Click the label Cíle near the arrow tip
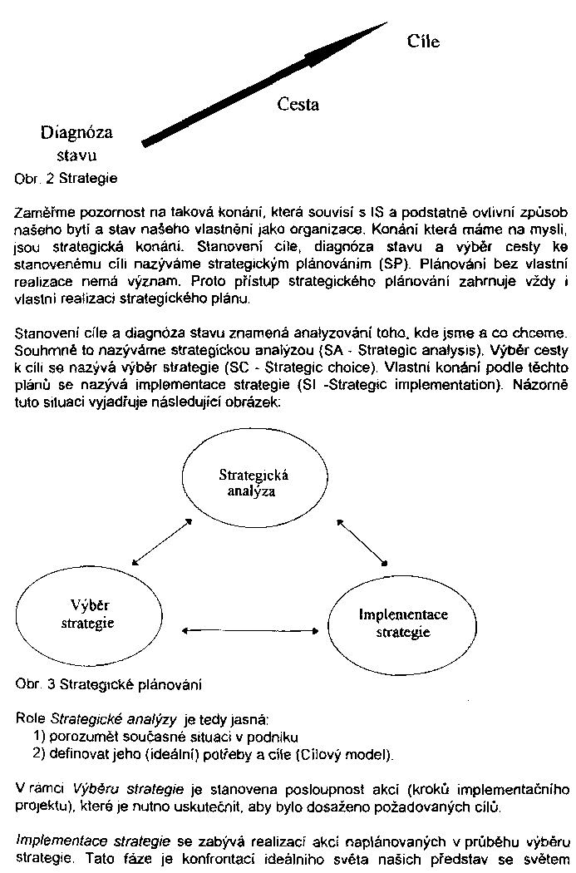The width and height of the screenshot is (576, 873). [423, 42]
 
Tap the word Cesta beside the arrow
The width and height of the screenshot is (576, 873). [298, 105]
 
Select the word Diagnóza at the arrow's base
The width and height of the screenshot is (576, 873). [76, 133]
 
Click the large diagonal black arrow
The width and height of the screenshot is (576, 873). [258, 84]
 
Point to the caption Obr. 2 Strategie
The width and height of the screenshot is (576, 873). [66, 178]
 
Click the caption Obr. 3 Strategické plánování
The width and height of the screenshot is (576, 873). [108, 685]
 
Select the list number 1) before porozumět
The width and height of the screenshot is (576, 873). [39, 736]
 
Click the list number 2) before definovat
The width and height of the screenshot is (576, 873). [39, 755]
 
